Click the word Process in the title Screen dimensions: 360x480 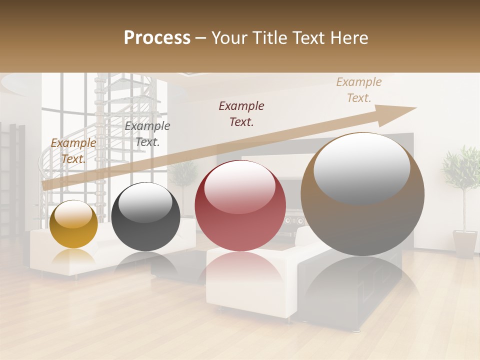click(x=157, y=38)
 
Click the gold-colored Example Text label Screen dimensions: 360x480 click(x=73, y=151)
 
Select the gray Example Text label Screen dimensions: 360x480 click(x=147, y=134)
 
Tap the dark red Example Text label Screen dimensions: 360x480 click(x=241, y=114)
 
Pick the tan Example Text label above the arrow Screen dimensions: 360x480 click(x=358, y=90)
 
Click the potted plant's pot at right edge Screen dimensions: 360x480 click(x=465, y=243)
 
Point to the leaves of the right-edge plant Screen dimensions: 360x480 click(x=461, y=167)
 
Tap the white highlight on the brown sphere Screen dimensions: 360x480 click(x=361, y=162)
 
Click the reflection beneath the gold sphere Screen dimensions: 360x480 click(x=74, y=257)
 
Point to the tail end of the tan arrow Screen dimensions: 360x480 click(x=46, y=185)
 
